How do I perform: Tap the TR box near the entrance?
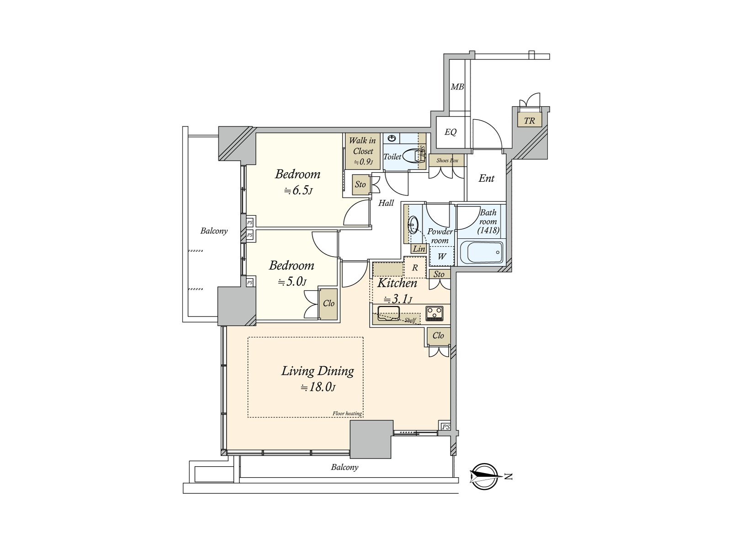tap(529, 121)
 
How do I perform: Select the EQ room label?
tap(450, 132)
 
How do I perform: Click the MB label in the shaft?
tap(457, 86)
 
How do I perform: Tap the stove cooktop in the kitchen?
tap(434, 313)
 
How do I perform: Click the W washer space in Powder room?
tap(442, 256)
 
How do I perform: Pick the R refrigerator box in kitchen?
tap(415, 268)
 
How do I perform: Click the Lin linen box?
tap(419, 249)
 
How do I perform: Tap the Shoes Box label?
tap(447, 160)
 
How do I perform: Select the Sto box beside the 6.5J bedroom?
tap(360, 184)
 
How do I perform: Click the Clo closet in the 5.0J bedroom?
tap(328, 303)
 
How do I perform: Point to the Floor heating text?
tap(347, 414)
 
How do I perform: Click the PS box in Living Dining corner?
tap(446, 427)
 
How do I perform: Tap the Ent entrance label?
tap(486, 179)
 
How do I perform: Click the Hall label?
tap(386, 203)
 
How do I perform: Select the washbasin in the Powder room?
tap(413, 224)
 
